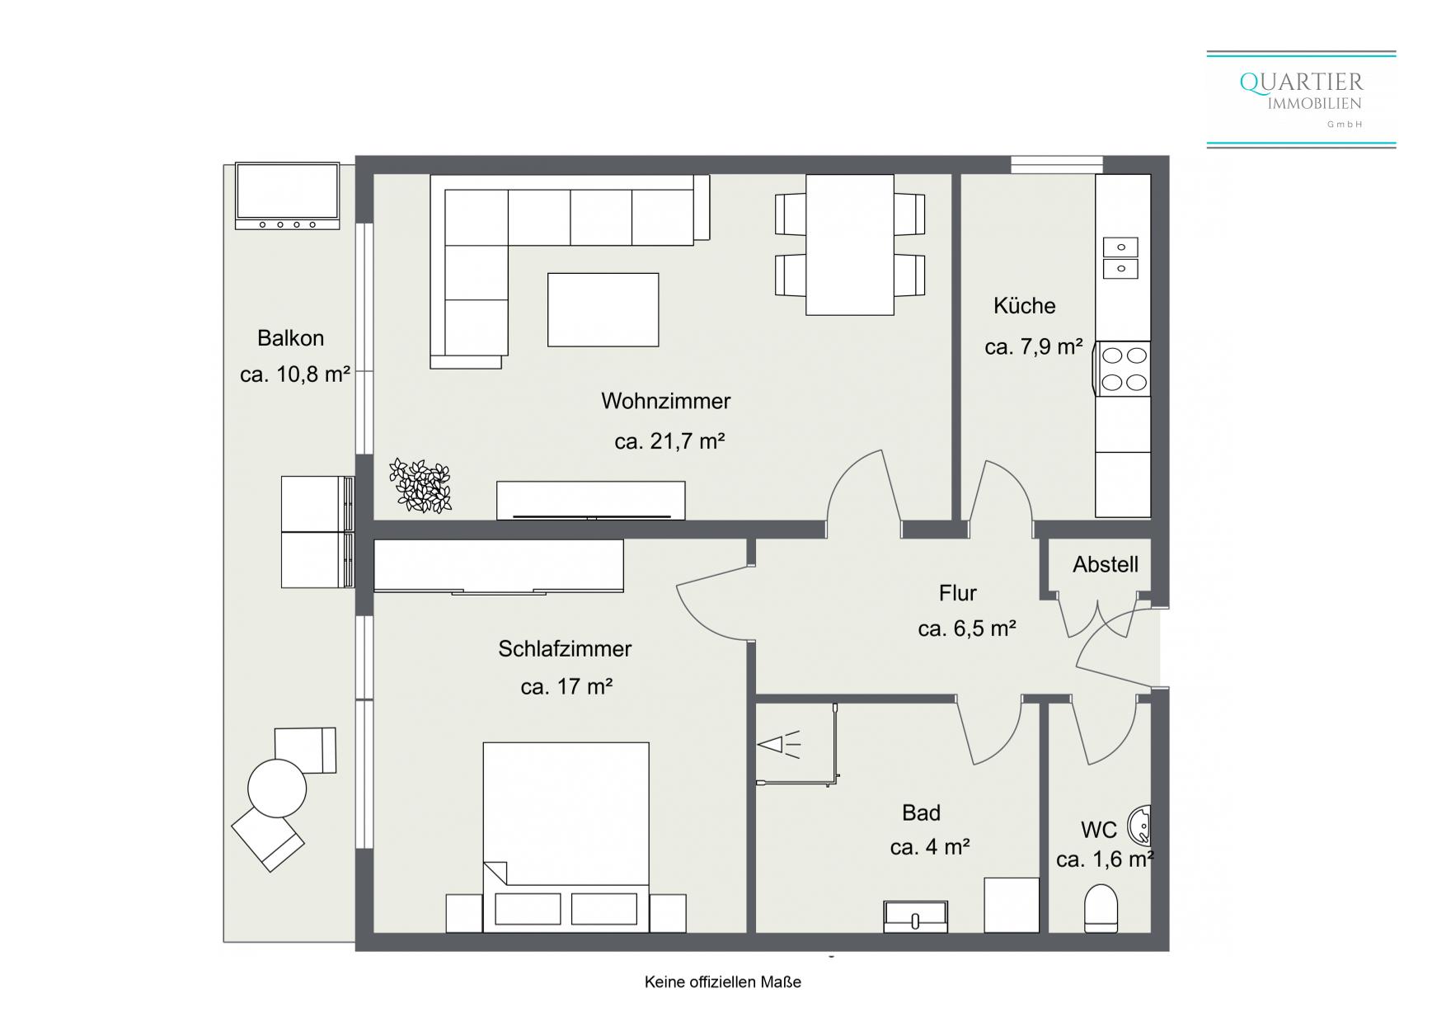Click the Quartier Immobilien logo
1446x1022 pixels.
pyautogui.click(x=1301, y=100)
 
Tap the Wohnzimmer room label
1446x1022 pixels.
pyautogui.click(x=666, y=402)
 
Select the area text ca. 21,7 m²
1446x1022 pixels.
pyautogui.click(x=669, y=441)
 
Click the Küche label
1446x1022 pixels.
pyautogui.click(x=1024, y=306)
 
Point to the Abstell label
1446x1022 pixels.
pyautogui.click(x=1106, y=565)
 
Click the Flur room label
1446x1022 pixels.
pyautogui.click(x=957, y=593)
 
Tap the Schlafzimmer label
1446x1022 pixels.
pyautogui.click(x=565, y=649)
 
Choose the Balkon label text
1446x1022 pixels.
pyautogui.click(x=290, y=338)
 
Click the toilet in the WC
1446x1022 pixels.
pyautogui.click(x=1101, y=908)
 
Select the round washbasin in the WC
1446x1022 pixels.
pyautogui.click(x=1139, y=825)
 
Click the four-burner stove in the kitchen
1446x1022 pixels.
pyautogui.click(x=1123, y=369)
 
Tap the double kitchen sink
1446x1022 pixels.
pyautogui.click(x=1120, y=258)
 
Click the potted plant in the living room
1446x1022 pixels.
pyautogui.click(x=420, y=486)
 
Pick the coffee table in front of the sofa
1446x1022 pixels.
pyautogui.click(x=603, y=310)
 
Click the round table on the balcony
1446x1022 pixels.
pyautogui.click(x=277, y=789)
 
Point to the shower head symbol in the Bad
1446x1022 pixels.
pyautogui.click(x=779, y=746)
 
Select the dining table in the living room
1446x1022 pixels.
pyautogui.click(x=850, y=245)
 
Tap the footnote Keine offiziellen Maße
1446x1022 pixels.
pyautogui.click(x=723, y=982)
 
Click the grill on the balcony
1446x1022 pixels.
pyautogui.click(x=287, y=195)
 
